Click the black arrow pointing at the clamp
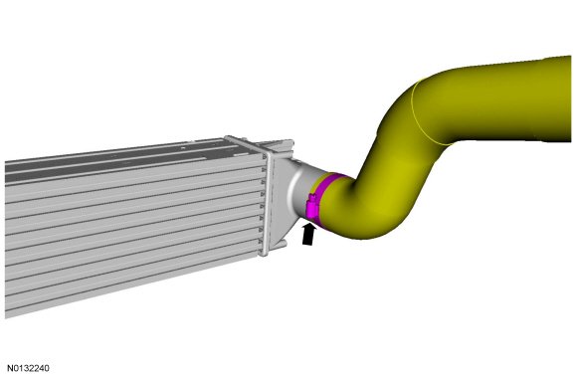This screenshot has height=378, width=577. pos(308,235)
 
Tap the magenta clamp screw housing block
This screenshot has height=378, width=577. pos(312,208)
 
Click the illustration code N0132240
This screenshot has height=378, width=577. pos(28,368)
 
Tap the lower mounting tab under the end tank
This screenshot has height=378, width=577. pos(279,245)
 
